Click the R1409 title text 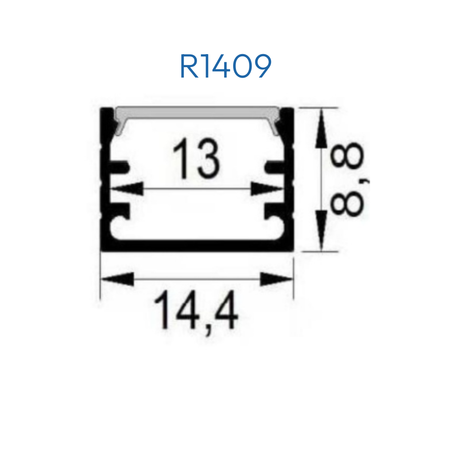[225, 66]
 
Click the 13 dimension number [196, 158]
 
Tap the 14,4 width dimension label [197, 312]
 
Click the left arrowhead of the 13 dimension [127, 189]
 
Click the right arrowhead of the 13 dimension [267, 189]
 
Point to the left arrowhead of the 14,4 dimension [117, 279]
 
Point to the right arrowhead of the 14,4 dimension [276, 279]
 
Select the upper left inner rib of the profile [120, 167]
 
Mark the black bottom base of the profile [197, 245]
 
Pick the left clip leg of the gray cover [119, 127]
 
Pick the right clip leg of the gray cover [275, 127]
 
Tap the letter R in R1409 [189, 66]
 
